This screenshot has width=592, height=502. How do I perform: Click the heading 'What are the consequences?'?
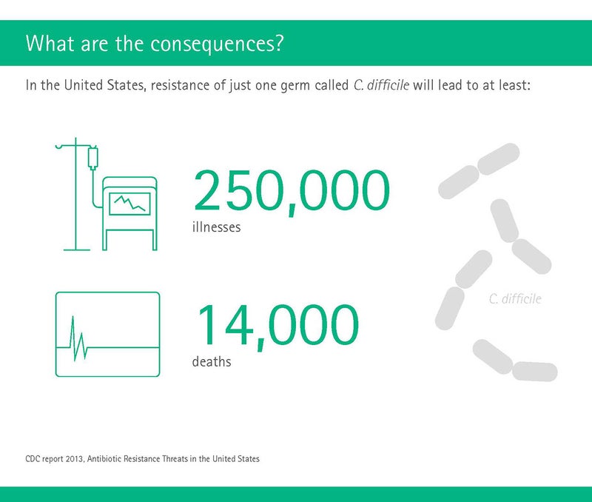coord(154,44)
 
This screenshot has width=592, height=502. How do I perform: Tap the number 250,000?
coord(292,193)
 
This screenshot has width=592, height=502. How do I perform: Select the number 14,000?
coord(277,327)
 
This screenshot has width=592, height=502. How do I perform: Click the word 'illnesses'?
coord(216,227)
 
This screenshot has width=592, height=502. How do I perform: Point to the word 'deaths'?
coord(212,361)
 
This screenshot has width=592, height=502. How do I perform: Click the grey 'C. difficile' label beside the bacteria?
coord(515,299)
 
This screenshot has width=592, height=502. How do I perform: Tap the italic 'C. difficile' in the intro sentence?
coord(381,85)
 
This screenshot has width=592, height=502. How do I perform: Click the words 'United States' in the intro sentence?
coord(104,85)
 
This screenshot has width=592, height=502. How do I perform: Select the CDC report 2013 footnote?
coord(142,459)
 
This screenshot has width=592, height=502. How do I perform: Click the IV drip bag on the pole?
coord(93,158)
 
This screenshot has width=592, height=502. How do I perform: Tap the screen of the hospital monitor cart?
coord(129,204)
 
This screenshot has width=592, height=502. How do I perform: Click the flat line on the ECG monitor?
coord(124,347)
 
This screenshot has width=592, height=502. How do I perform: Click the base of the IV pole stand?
coord(77,250)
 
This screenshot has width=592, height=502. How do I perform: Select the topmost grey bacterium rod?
coord(498,159)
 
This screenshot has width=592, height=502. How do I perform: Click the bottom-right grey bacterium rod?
coord(534,371)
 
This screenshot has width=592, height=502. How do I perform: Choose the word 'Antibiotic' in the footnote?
coord(104,459)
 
